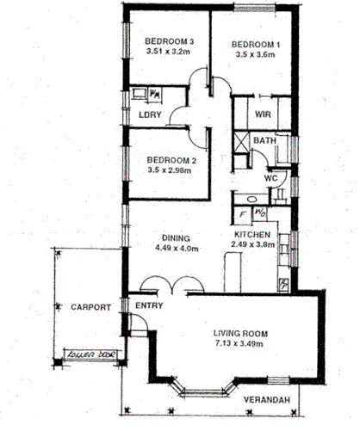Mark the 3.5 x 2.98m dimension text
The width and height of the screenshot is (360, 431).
[170, 170]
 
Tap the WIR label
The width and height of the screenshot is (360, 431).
[264, 114]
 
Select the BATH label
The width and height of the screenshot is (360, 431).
[264, 140]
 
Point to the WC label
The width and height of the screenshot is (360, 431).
[270, 178]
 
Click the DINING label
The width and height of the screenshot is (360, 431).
[176, 238]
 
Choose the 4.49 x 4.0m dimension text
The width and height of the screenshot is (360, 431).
[176, 249]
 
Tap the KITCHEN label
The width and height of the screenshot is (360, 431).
[254, 234]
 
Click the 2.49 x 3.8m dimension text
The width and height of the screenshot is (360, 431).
[254, 245]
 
